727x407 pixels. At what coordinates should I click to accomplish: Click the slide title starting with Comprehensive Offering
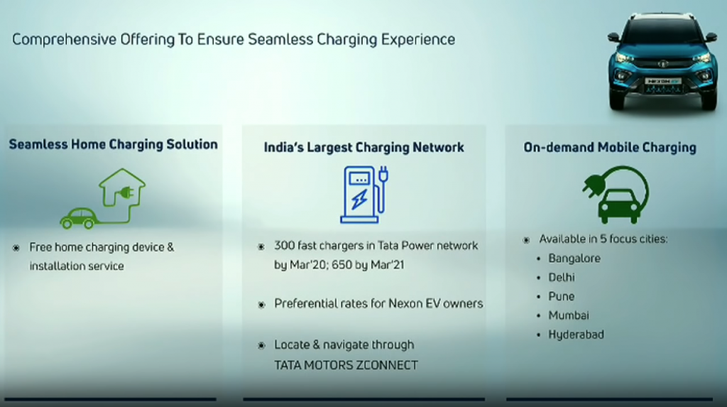point(234,40)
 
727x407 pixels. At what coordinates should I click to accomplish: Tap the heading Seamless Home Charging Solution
point(113,144)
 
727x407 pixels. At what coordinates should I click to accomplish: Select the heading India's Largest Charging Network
point(364,147)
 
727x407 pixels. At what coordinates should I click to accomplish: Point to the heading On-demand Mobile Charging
point(610,147)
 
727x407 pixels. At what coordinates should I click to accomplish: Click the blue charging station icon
point(364,195)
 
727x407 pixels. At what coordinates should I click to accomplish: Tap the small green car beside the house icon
point(78,218)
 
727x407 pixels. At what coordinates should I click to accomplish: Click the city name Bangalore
point(574,259)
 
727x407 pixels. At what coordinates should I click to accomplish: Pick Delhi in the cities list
point(562,278)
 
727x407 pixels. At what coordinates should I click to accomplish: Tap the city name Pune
point(561,296)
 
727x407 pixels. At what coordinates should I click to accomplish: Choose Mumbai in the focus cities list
point(569,315)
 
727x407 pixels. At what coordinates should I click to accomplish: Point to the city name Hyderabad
point(576,335)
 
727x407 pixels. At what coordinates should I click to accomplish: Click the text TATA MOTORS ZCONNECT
point(346,365)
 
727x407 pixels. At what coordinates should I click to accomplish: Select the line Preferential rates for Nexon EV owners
point(378,303)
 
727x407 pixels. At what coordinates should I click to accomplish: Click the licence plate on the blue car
point(664,81)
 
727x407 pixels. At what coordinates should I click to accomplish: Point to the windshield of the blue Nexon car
point(663,33)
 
